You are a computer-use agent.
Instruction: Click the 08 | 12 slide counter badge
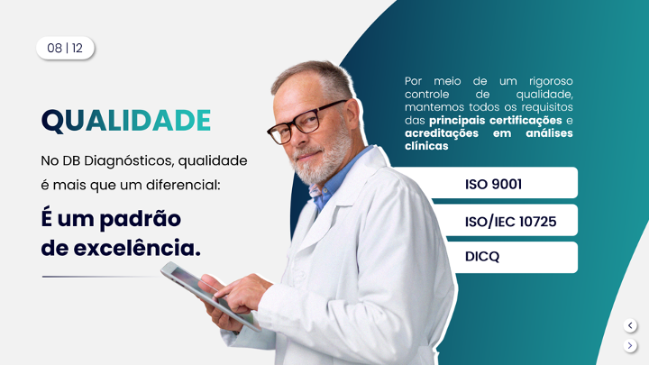[66, 48]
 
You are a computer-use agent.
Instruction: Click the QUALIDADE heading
[126, 121]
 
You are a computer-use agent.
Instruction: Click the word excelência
[137, 248]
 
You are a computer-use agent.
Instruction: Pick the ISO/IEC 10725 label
[510, 222]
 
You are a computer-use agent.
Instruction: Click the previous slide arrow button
[630, 325]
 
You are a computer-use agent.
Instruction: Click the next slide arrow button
[630, 345]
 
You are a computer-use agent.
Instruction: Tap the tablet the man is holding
[210, 295]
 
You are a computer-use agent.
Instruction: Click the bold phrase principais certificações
[496, 121]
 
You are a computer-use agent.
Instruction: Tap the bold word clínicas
[426, 146]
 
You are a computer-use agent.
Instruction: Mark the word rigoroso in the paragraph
[551, 81]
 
